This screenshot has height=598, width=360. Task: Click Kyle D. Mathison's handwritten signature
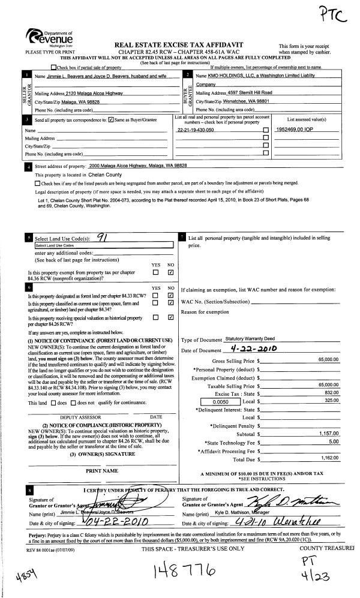[295, 500]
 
